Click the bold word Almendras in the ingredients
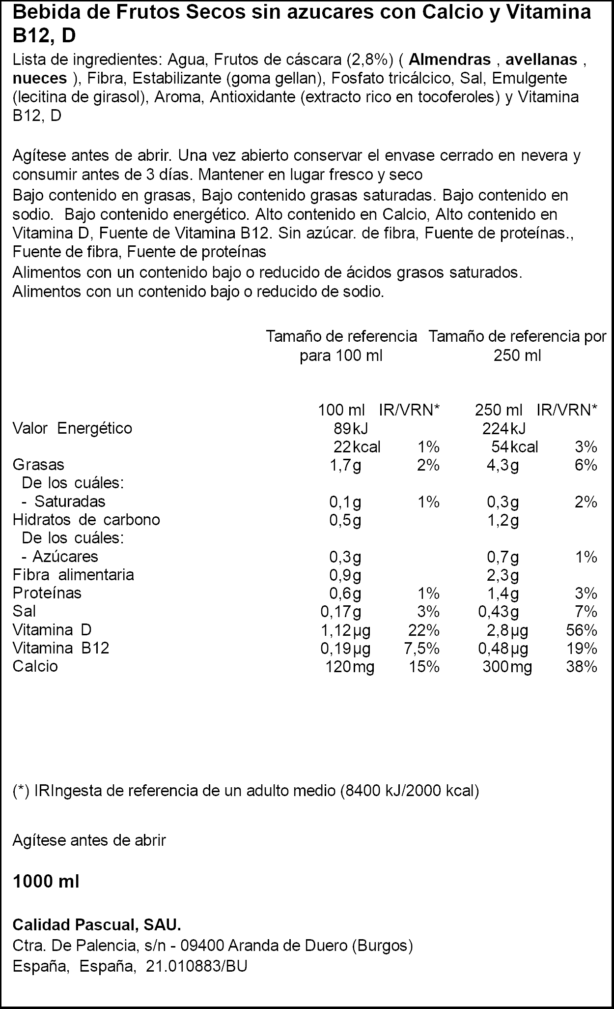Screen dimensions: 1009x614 click(x=449, y=59)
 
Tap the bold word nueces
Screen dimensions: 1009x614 click(x=40, y=78)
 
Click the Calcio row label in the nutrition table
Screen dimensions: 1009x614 click(x=35, y=666)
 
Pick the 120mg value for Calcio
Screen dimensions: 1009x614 click(x=350, y=667)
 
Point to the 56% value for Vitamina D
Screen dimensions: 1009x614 click(x=582, y=630)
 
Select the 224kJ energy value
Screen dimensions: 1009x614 click(x=504, y=428)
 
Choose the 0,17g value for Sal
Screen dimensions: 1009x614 click(x=340, y=612)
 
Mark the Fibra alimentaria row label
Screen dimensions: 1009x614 click(x=73, y=574)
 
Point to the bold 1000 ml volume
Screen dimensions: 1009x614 click(x=46, y=882)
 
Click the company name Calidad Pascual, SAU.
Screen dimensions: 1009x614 click(x=97, y=925)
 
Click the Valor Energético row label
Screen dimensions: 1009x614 click(x=72, y=428)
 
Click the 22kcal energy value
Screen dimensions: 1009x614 click(x=357, y=447)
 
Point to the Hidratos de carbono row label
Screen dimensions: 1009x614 click(x=86, y=520)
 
